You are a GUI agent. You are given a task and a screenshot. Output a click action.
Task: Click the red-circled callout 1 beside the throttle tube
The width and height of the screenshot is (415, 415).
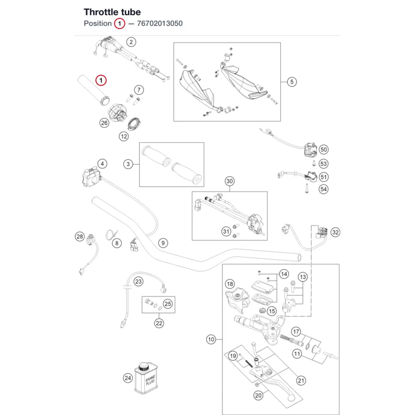coord(101,80)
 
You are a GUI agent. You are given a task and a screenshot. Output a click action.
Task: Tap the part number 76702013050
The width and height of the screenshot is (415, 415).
coord(160,24)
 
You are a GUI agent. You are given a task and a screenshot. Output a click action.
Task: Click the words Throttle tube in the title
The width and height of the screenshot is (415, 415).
coord(112,12)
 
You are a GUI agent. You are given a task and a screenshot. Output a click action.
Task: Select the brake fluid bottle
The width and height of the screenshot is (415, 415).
coord(145,378)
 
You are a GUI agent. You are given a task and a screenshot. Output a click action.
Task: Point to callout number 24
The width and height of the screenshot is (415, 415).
coord(128,378)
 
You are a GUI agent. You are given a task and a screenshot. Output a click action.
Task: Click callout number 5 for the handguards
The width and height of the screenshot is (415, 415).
coord(292,82)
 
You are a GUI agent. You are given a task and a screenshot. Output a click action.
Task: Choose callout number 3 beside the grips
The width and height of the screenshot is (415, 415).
coord(128,164)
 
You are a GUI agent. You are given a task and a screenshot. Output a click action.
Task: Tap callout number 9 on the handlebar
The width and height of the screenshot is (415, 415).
coord(163,243)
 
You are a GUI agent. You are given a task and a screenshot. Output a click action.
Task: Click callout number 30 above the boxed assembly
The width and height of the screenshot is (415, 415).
coord(229,181)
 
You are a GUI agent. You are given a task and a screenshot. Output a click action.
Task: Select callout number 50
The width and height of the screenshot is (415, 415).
coord(323,149)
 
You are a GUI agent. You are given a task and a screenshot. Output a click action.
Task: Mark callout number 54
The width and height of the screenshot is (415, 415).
coord(323,189)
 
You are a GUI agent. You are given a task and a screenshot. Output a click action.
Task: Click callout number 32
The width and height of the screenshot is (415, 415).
coord(335,232)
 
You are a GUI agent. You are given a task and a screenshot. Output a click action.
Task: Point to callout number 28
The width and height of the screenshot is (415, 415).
coord(80,237)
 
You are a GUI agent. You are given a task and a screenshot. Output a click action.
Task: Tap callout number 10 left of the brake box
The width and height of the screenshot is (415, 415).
coord(211,339)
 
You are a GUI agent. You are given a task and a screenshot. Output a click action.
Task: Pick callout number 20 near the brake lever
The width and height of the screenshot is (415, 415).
coord(258,395)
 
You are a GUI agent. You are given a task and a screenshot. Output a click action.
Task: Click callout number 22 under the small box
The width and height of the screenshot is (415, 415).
coord(159,323)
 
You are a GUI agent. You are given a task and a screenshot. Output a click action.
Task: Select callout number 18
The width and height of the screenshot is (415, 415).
coord(230,284)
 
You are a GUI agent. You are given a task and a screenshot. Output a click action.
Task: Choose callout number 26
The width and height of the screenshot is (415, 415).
coord(104,123)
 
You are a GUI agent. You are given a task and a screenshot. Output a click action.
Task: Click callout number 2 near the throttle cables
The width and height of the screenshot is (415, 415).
coord(131,42)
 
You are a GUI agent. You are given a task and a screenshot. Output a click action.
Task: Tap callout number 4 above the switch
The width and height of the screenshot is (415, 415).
coord(102,164)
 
